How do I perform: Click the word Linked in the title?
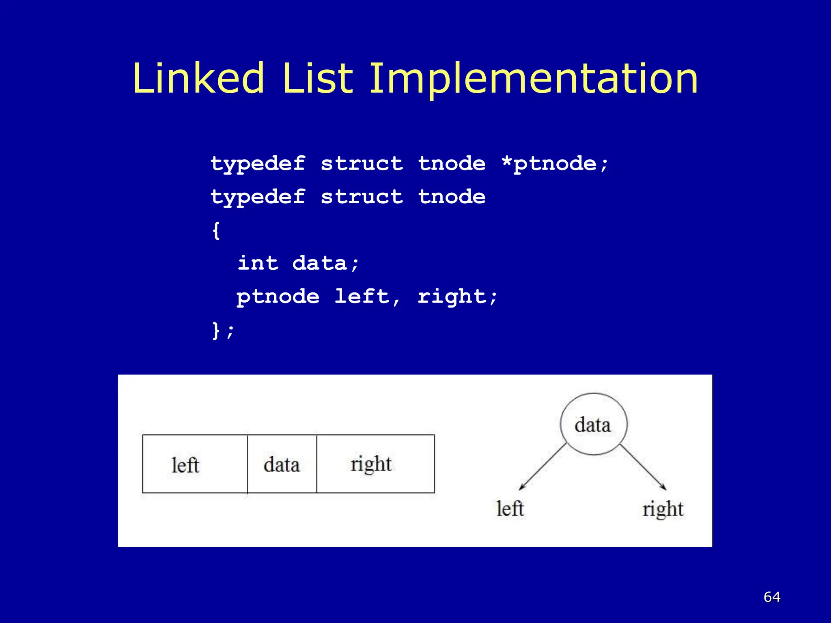198,78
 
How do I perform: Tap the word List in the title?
317,78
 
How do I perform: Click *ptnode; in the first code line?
555,164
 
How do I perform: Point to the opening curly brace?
216,230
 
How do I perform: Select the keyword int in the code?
258,263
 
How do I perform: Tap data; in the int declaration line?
326,263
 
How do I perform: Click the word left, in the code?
367,296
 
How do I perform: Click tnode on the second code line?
452,197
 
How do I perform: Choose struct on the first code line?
362,164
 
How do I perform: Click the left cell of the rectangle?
195,464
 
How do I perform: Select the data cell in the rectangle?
282,464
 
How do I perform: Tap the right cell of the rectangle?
375,464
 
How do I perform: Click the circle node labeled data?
593,424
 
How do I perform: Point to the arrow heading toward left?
542,467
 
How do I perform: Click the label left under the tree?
510,509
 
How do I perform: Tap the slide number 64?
772,597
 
